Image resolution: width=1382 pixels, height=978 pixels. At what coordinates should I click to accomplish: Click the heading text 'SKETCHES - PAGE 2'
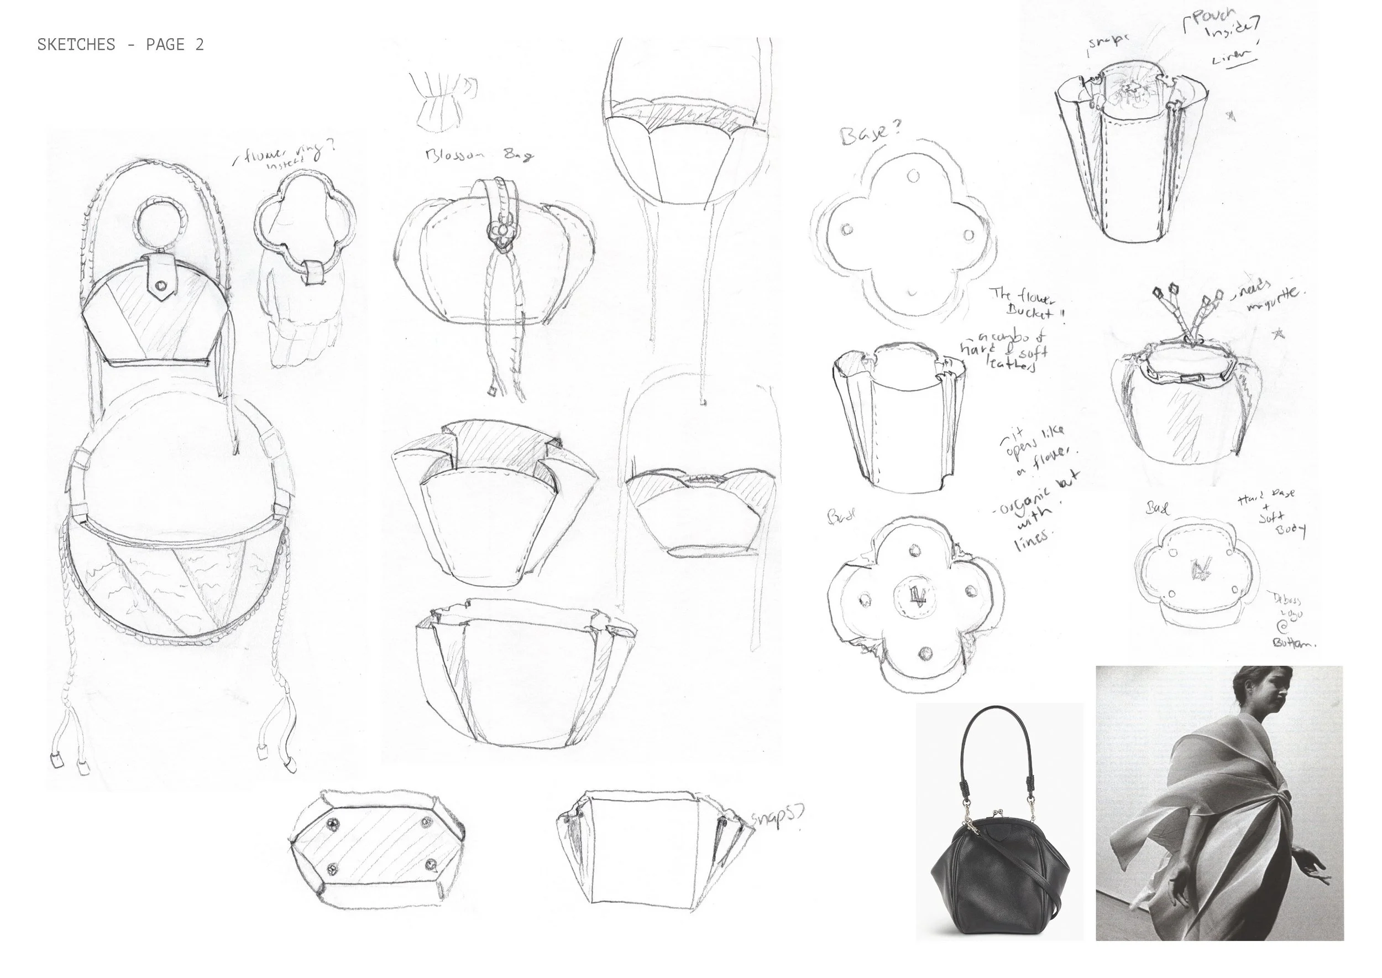pyautogui.click(x=121, y=45)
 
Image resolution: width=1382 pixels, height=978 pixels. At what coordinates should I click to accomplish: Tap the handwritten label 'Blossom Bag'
pyautogui.click(x=479, y=155)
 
